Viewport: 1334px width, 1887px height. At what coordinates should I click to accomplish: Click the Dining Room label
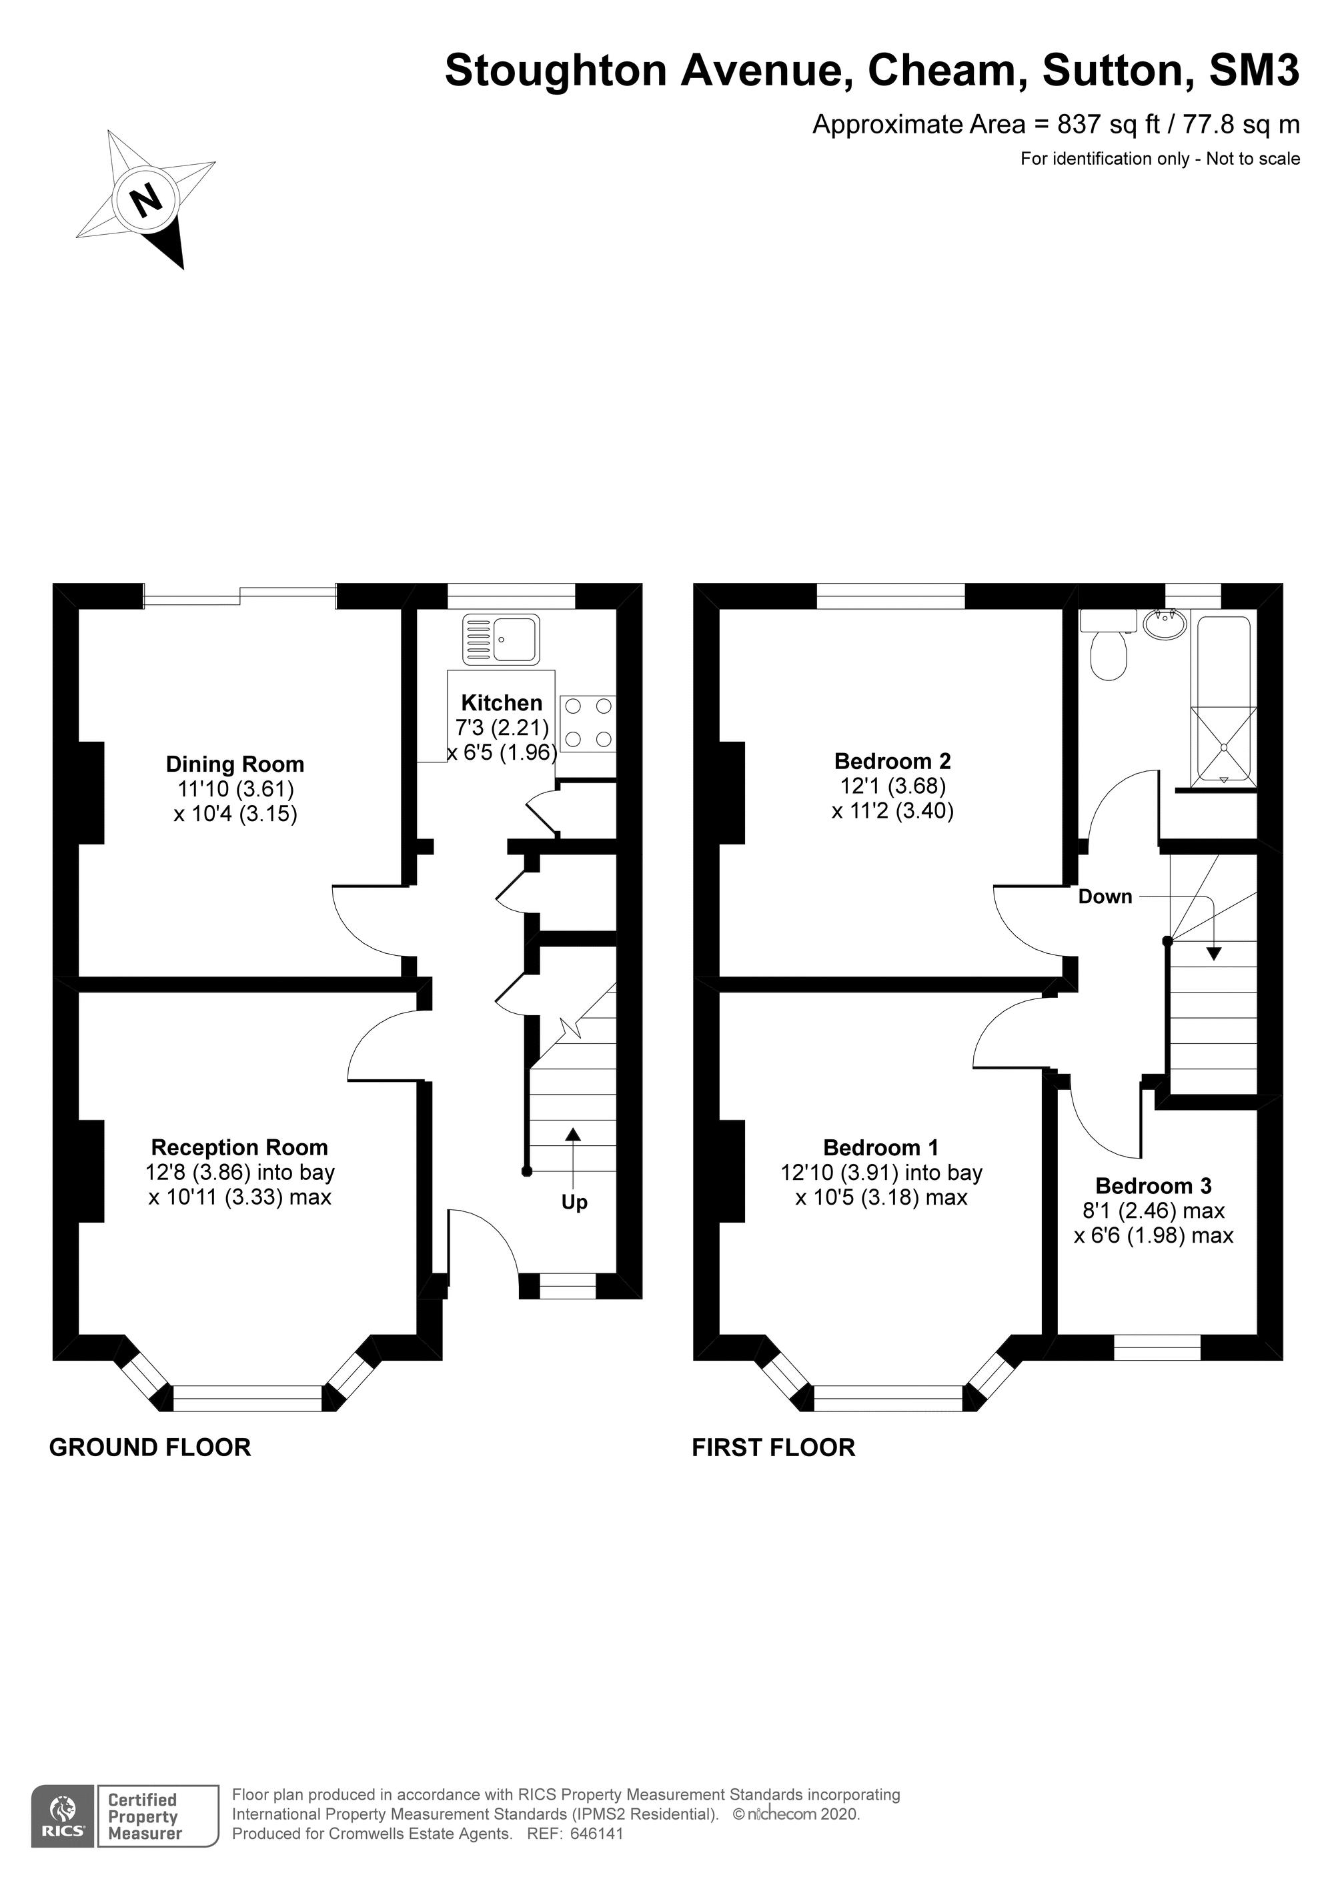(x=235, y=764)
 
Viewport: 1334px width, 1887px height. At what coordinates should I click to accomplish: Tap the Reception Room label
(x=239, y=1147)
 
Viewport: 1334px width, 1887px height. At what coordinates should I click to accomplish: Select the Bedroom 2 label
(x=892, y=761)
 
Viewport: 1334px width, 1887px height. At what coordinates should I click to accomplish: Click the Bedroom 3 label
(x=1153, y=1186)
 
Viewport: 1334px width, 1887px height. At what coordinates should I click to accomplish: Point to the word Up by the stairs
(x=574, y=1203)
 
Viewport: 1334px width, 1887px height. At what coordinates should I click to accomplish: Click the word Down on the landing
(x=1105, y=896)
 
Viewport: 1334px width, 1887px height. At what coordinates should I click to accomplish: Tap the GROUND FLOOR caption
(x=151, y=1447)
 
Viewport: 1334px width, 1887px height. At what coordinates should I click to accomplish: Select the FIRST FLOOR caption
(x=774, y=1447)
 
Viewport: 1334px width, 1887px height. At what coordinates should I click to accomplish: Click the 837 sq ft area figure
(x=1115, y=124)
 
